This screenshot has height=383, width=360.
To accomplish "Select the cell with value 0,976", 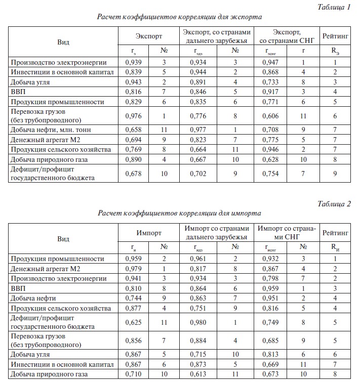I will click(x=134, y=115).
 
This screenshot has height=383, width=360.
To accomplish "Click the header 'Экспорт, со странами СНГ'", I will click(x=287, y=35).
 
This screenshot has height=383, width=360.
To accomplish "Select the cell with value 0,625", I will click(x=134, y=322).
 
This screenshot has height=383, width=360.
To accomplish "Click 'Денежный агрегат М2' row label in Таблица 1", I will click(x=43, y=139).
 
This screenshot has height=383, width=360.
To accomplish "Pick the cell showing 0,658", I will click(x=134, y=130).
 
